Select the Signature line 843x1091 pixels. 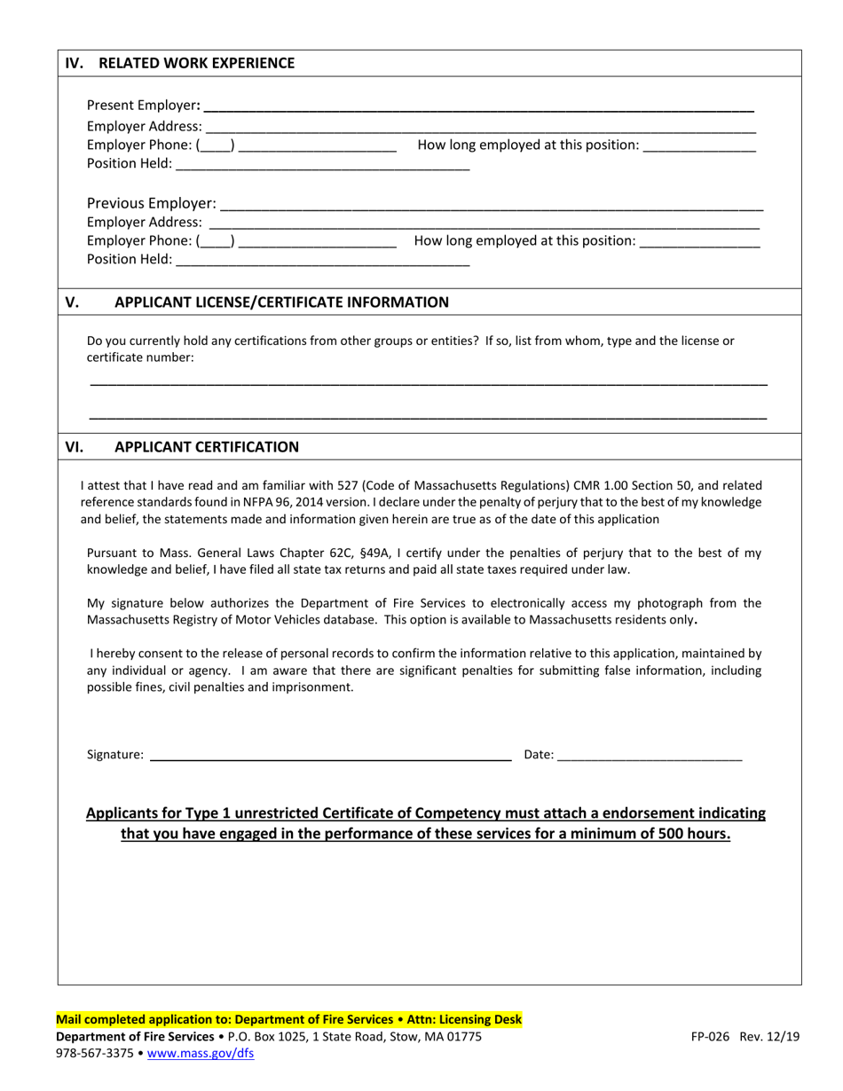pyautogui.click(x=330, y=757)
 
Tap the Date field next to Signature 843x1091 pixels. pyautogui.click(x=650, y=757)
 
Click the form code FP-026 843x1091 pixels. pyautogui.click(x=713, y=1036)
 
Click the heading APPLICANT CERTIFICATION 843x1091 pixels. pyautogui.click(x=207, y=447)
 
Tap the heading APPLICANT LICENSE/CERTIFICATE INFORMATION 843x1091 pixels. pyautogui.click(x=281, y=302)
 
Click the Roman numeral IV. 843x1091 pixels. pyautogui.click(x=75, y=63)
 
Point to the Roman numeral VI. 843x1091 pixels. pyautogui.click(x=75, y=447)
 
